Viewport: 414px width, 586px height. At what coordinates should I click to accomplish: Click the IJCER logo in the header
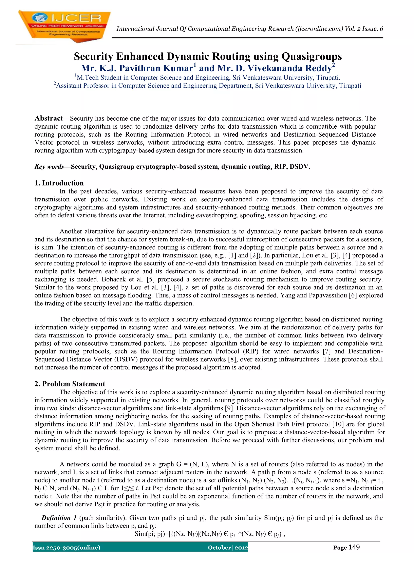click(x=64, y=25)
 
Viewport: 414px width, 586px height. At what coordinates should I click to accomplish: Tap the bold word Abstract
click(x=49, y=118)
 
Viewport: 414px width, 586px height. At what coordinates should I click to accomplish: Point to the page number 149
click(x=354, y=547)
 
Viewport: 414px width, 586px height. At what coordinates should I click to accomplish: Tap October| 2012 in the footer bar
click(x=228, y=548)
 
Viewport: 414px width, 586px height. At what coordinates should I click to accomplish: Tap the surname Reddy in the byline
click(x=320, y=68)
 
